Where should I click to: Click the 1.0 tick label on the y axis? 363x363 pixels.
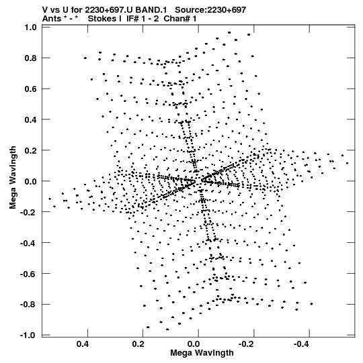[31, 28]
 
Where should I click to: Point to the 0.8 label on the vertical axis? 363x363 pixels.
[31, 58]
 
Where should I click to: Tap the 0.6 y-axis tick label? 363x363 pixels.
[31, 89]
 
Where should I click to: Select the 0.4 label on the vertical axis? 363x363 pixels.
[31, 119]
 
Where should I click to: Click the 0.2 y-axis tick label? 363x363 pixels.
[31, 150]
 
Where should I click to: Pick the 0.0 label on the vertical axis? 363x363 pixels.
[31, 181]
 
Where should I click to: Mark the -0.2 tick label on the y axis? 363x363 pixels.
[28, 212]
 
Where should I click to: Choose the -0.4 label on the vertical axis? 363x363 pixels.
[28, 243]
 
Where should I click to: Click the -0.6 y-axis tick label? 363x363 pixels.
[28, 274]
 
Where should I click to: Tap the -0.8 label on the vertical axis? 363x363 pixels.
[28, 305]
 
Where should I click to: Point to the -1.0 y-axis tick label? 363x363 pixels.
[28, 335]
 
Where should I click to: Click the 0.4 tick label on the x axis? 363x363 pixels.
[83, 344]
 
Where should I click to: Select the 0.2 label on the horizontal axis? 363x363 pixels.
[138, 344]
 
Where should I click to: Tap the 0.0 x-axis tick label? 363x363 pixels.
[194, 344]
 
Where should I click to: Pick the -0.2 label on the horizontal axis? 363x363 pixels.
[247, 344]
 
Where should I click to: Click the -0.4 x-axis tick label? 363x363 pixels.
[302, 344]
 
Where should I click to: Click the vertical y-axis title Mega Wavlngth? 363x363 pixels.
[13, 178]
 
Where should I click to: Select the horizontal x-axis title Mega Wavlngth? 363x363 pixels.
[202, 353]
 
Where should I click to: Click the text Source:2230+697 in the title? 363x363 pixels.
[210, 9]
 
